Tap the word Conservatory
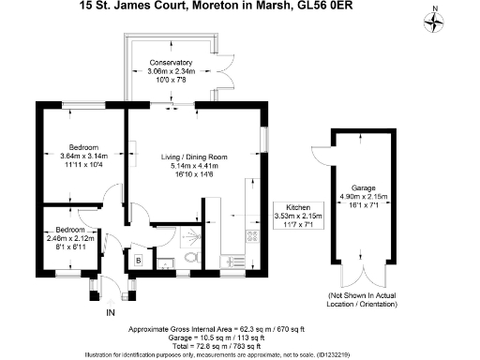(171, 64)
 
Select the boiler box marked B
(138, 260)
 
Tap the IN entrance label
(110, 311)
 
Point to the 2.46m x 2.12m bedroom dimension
(71, 239)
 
